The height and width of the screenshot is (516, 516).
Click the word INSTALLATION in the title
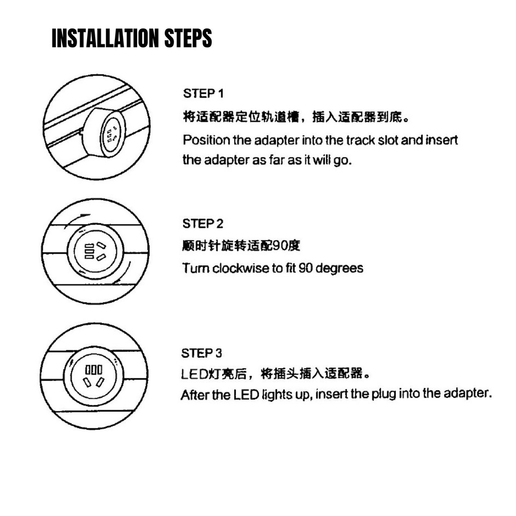[x=105, y=38]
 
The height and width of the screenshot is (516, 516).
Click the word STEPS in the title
[x=188, y=38]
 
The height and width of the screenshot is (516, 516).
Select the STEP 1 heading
[x=204, y=93]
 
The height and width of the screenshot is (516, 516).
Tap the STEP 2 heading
[x=203, y=224]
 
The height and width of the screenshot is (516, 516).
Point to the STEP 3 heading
[x=202, y=353]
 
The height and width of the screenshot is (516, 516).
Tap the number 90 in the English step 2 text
[x=305, y=268]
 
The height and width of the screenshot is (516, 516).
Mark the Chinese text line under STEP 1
[x=296, y=116]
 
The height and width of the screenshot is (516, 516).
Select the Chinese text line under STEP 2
[x=241, y=245]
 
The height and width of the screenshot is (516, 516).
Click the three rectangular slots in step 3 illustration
[x=94, y=369]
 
